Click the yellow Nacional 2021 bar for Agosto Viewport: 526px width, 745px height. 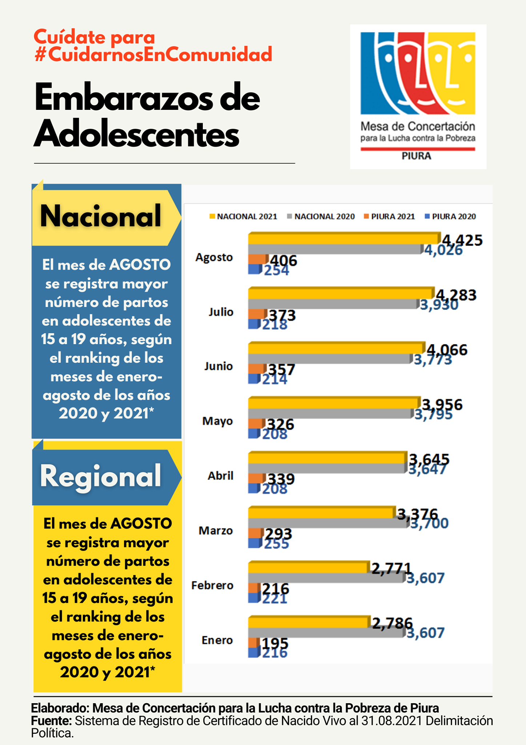point(344,239)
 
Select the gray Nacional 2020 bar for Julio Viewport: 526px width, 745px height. point(333,304)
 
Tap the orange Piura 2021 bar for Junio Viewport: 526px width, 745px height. point(257,369)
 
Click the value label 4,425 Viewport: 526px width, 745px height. point(462,240)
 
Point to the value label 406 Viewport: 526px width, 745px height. point(284,260)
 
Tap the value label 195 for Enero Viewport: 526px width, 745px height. point(275,643)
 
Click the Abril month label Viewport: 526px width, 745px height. point(220,476)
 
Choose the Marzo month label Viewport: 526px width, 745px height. point(216,531)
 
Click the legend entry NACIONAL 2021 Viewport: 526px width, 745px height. point(244,216)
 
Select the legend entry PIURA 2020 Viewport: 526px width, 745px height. point(450,216)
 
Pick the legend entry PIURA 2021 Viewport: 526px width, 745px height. point(389,216)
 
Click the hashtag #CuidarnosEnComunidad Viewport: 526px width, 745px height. point(153,55)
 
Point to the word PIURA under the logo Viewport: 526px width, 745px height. point(416,156)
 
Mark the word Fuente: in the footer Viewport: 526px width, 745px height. point(51,721)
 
